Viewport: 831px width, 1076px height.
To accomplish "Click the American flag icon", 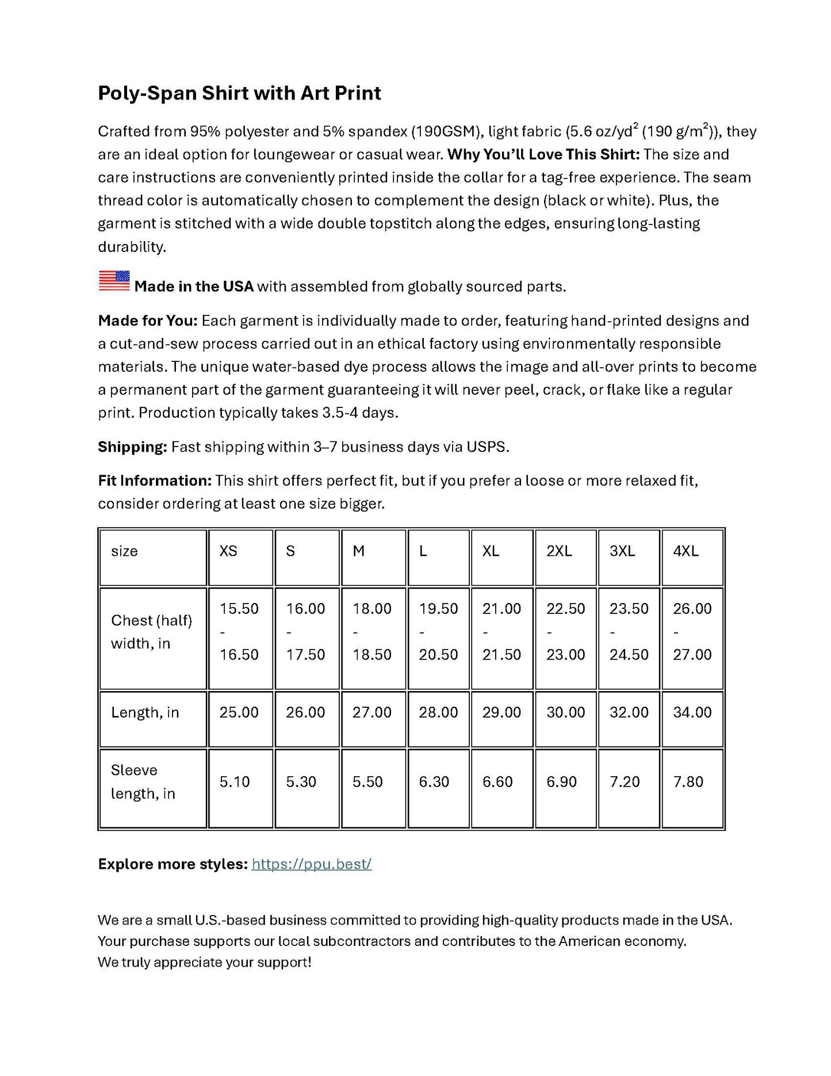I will click(x=114, y=281).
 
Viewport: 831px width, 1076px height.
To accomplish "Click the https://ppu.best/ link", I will click(x=311, y=864).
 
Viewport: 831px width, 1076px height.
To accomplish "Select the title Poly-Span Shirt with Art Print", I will click(x=239, y=93).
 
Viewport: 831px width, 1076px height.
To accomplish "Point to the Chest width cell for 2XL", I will click(x=565, y=632).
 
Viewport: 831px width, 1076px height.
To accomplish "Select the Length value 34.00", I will click(x=692, y=712).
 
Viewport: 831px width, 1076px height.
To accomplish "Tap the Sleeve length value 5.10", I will click(x=235, y=781).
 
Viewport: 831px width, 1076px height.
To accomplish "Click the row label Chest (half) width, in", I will click(x=151, y=632).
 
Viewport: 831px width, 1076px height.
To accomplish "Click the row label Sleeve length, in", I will click(x=143, y=781).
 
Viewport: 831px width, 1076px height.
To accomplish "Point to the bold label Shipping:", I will click(x=132, y=447).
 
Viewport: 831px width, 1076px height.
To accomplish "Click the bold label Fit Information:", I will click(x=155, y=480).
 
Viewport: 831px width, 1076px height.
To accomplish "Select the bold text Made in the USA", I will click(x=194, y=287).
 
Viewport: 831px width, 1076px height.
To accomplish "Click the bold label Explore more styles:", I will click(x=173, y=864).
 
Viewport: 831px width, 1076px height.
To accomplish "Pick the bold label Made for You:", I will click(x=148, y=320).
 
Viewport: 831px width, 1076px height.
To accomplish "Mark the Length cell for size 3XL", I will click(x=629, y=712).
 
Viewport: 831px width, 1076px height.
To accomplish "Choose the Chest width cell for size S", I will click(x=305, y=632).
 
